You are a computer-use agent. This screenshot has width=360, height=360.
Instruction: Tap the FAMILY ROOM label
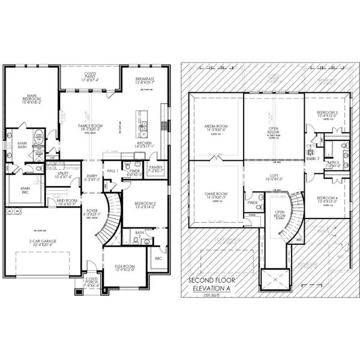pyautogui.click(x=89, y=126)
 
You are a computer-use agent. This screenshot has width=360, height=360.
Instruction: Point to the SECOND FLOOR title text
pyautogui.click(x=212, y=280)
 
